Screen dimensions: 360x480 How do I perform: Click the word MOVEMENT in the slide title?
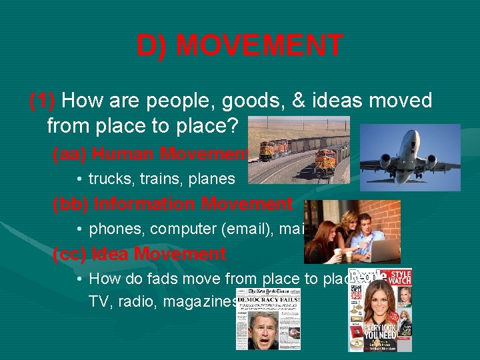(x=260, y=46)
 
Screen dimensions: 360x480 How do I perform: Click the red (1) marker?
(x=43, y=101)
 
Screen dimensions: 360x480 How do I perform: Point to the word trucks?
(x=109, y=179)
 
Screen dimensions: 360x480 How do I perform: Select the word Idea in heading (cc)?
(x=109, y=254)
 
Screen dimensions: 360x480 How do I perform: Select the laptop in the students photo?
(x=381, y=251)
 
